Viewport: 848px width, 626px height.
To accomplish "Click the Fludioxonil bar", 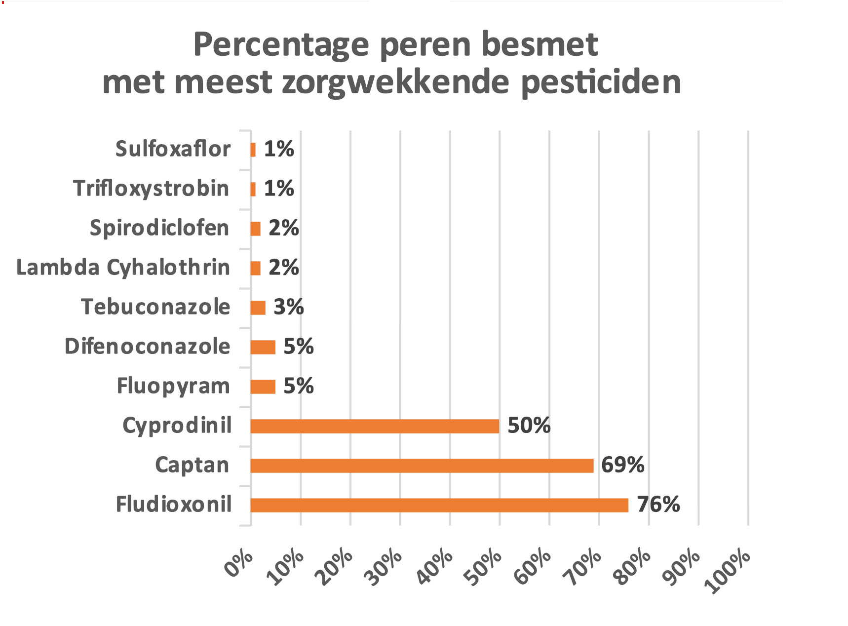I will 439,505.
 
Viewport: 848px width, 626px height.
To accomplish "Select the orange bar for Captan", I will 422,466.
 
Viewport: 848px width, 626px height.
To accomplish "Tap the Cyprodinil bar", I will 375,426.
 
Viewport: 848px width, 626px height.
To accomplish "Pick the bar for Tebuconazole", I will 258,308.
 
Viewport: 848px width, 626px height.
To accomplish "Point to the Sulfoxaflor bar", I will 253,150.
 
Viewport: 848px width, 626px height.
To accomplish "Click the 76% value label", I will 658,505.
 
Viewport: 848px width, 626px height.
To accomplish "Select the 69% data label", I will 622,465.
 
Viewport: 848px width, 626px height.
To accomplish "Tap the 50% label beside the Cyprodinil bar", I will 529,426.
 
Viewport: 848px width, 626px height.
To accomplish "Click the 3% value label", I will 288,307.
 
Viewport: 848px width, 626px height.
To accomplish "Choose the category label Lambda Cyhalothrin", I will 123,268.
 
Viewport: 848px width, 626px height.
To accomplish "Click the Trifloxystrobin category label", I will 151,189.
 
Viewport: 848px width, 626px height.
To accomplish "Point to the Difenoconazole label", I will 147,347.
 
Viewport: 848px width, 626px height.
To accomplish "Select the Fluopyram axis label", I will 173,386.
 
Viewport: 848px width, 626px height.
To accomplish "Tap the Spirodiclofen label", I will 159,228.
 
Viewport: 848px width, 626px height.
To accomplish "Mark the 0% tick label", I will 239,564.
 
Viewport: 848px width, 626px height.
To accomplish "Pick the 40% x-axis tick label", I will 435,566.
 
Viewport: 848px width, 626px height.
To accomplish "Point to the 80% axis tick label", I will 634,566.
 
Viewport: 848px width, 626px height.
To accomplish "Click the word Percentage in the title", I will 281,45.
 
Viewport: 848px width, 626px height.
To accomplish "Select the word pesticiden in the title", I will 601,82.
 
